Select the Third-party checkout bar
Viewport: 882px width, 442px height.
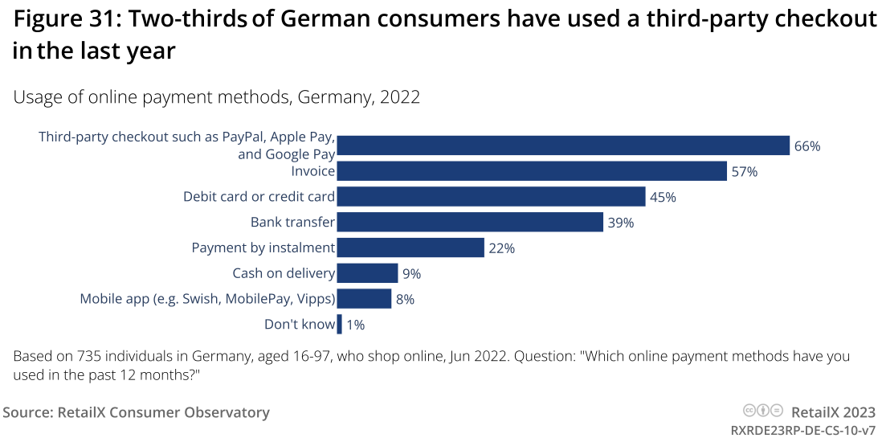(563, 145)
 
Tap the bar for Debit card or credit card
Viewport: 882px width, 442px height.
(491, 197)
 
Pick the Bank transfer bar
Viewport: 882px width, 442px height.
(470, 222)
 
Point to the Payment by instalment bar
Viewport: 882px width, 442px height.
(410, 248)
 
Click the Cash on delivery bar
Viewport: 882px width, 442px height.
(367, 273)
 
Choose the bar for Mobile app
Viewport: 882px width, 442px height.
(364, 299)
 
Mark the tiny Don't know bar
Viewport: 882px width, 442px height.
(340, 325)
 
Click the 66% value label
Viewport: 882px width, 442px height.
(806, 146)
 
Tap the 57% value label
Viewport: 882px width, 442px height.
(744, 172)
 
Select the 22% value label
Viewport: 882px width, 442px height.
(501, 248)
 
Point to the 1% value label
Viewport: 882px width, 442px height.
(356, 325)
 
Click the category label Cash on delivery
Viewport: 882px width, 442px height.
(284, 273)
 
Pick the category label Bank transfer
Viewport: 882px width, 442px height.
(292, 222)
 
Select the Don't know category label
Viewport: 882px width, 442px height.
(300, 325)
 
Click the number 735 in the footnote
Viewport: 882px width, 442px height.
(90, 356)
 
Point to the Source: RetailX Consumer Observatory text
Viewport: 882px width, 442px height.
(137, 412)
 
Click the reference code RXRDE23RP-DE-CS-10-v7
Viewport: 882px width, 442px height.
(802, 430)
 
